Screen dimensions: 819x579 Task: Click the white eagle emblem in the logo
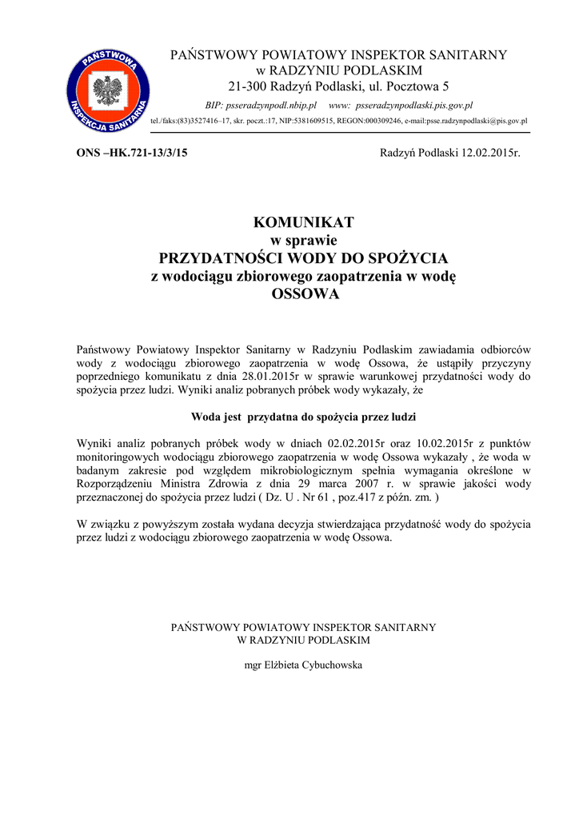tap(106, 90)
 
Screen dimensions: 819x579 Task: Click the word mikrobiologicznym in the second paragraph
tap(323, 471)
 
